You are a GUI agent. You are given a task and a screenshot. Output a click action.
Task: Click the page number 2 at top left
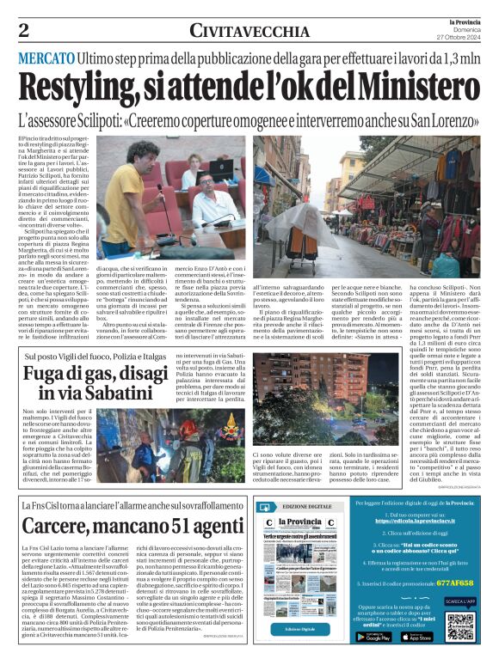coord(24,31)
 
